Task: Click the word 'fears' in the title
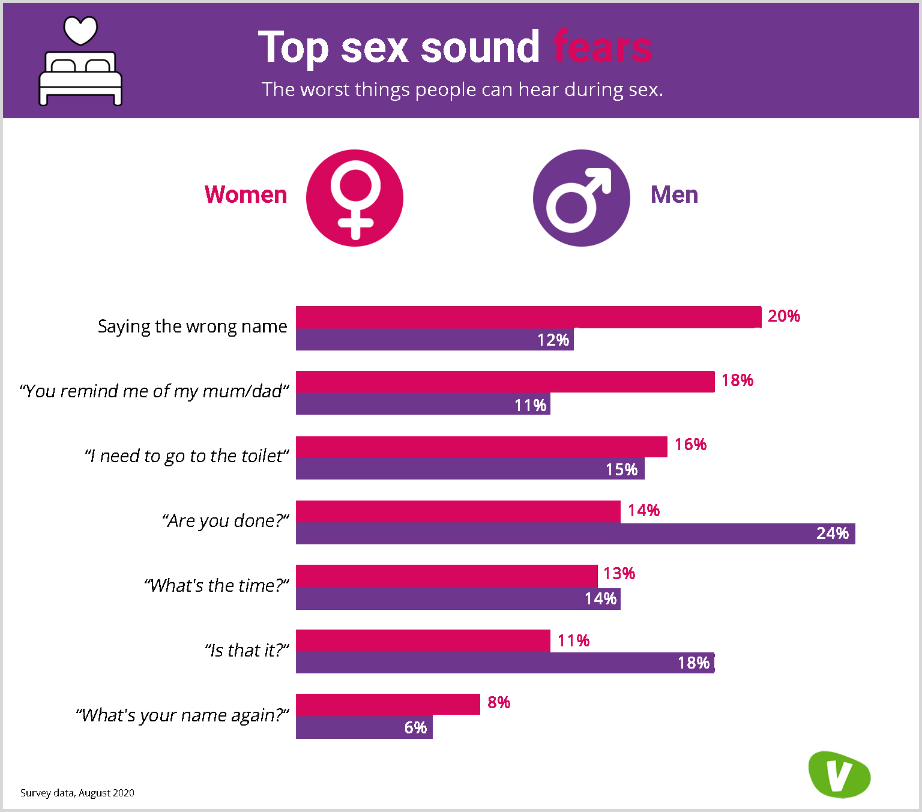point(602,47)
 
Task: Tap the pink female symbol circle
point(355,198)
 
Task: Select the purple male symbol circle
point(581,198)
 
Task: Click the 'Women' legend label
point(246,195)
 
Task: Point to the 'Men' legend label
point(674,195)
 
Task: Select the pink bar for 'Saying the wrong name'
point(528,317)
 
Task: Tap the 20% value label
point(784,316)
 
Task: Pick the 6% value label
point(415,728)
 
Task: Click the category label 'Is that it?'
point(247,651)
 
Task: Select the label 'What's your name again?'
point(182,715)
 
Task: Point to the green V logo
point(839,774)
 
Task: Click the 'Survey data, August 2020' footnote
point(77,793)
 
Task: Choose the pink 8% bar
point(388,705)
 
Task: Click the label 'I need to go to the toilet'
point(187,456)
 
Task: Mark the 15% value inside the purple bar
point(621,469)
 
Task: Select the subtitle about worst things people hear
point(462,89)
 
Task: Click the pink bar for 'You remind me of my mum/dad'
point(505,382)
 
